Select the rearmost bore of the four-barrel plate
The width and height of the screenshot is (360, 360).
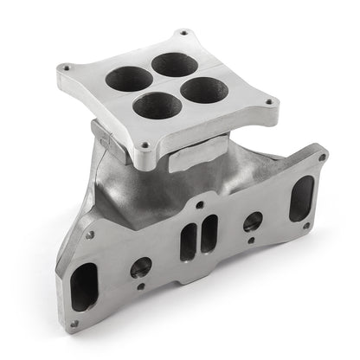coord(172,63)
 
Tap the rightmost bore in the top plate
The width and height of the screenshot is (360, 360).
coord(204,89)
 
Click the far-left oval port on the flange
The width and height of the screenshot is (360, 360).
coord(84,286)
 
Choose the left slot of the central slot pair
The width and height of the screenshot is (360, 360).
coord(188,241)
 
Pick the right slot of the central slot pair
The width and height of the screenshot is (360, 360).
coord(209,234)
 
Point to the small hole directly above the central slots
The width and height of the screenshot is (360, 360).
coord(200,205)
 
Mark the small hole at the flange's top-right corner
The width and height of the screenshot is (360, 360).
coord(322,158)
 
